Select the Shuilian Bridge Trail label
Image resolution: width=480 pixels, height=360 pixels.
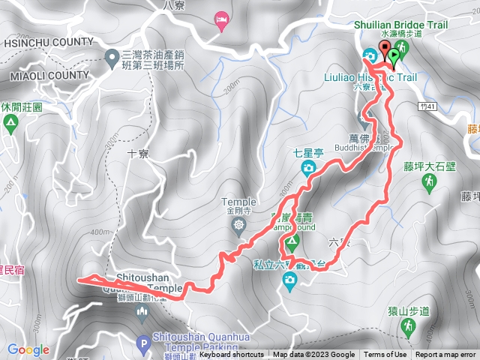pyautogui.click(x=401, y=24)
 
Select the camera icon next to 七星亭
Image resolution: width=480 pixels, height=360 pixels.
pyautogui.click(x=307, y=168)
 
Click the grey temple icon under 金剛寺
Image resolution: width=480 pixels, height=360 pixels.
pyautogui.click(x=238, y=224)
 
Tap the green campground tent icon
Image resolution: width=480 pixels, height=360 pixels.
pyautogui.click(x=292, y=241)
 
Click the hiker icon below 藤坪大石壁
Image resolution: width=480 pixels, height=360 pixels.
pyautogui.click(x=428, y=182)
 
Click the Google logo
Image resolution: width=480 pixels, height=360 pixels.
pyautogui.click(x=28, y=349)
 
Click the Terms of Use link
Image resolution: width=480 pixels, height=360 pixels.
pyautogui.click(x=385, y=355)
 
